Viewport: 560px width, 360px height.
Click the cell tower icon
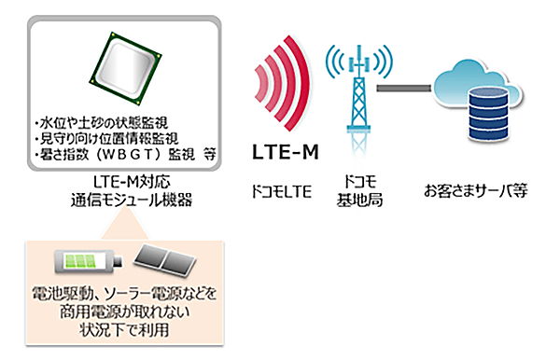click(354, 89)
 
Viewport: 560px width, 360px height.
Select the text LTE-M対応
click(125, 180)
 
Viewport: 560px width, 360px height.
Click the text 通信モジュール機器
click(125, 198)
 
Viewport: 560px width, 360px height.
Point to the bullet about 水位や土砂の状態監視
click(97, 122)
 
